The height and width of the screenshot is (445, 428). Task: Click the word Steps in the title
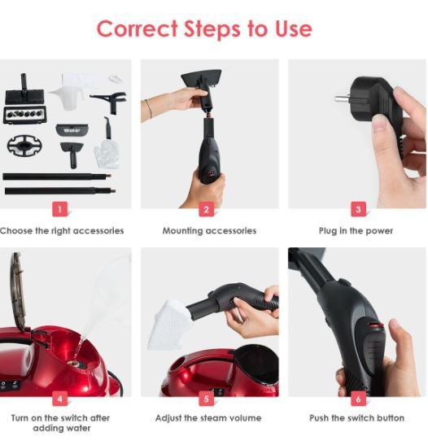coord(212,29)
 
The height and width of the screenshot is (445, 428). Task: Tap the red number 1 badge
coord(60,209)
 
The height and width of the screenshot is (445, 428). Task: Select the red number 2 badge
coord(207,209)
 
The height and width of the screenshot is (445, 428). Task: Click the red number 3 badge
coord(359,209)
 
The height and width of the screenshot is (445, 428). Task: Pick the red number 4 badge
coord(60,399)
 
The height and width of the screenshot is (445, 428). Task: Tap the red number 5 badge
coord(207,399)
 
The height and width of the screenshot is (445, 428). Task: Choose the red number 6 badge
coord(359,399)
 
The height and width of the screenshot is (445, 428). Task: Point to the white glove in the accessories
coord(107,154)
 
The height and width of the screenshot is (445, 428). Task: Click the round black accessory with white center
coord(24,146)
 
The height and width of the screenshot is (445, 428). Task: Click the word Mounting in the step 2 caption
coord(182,231)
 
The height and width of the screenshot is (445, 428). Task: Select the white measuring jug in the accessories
coord(68,91)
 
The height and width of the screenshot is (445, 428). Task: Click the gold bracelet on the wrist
coord(149,108)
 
